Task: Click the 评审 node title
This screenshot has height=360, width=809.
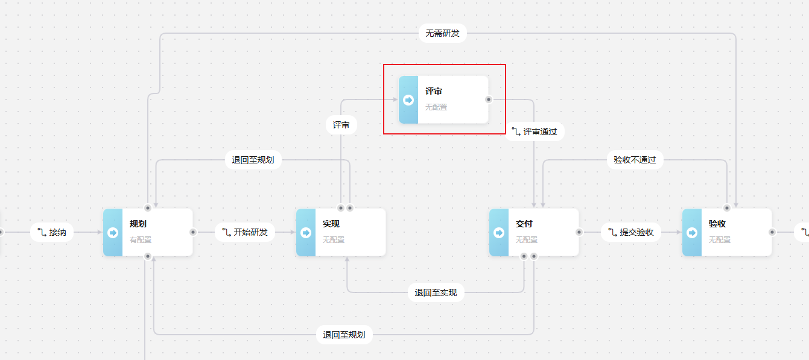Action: (x=434, y=92)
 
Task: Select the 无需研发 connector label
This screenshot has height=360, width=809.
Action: (x=442, y=33)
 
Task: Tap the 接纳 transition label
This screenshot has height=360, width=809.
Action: (x=52, y=232)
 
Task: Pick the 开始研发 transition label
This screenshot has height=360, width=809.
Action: (x=245, y=232)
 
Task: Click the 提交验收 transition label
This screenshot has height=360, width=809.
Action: (x=631, y=232)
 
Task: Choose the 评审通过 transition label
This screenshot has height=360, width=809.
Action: (x=535, y=131)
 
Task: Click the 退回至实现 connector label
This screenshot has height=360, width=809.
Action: (x=436, y=293)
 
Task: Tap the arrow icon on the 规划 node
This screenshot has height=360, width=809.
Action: (x=113, y=233)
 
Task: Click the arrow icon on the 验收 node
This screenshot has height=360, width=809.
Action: (x=692, y=233)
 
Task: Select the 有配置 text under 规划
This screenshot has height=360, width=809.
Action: (x=141, y=240)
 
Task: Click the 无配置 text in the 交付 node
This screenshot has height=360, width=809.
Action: (x=527, y=240)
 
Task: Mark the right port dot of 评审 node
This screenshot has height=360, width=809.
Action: (x=489, y=99)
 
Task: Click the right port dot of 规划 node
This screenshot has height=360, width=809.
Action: (x=193, y=232)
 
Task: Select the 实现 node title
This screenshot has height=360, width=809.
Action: (x=331, y=224)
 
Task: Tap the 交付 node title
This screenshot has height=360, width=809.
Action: (x=524, y=224)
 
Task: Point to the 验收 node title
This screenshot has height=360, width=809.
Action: (x=717, y=224)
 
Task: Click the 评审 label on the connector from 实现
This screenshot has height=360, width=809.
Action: (x=341, y=125)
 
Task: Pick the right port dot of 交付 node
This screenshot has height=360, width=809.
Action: (x=579, y=232)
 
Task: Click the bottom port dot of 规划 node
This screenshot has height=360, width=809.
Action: (x=148, y=256)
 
